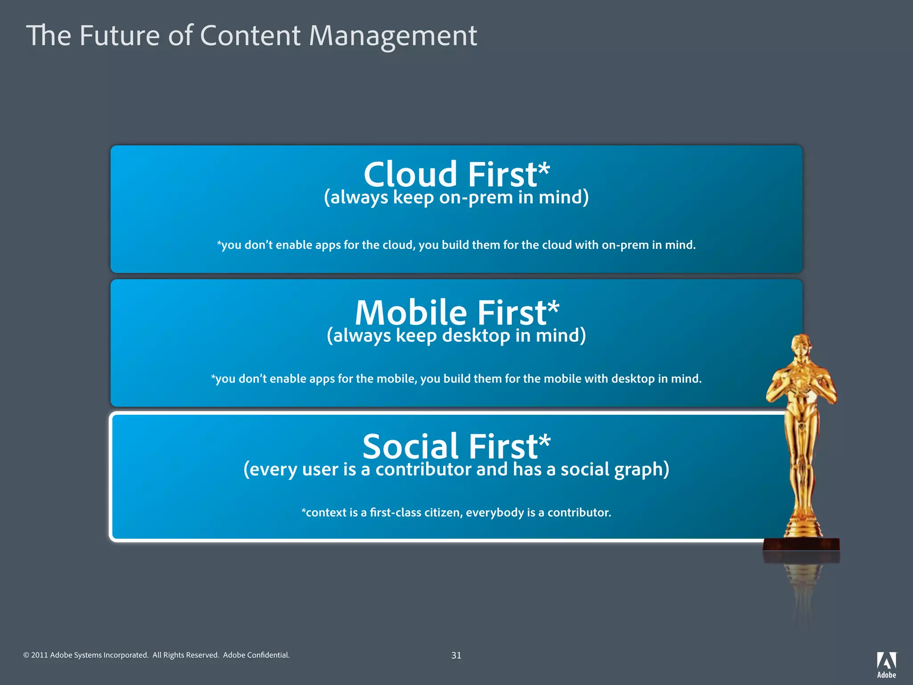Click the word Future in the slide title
pyautogui.click(x=119, y=36)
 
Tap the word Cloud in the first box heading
pyautogui.click(x=410, y=174)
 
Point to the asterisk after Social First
pyautogui.click(x=544, y=442)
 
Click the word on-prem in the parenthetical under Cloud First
pyautogui.click(x=476, y=198)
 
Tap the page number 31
pyautogui.click(x=456, y=655)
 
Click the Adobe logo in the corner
pyautogui.click(x=886, y=664)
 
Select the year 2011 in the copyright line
pyautogui.click(x=39, y=655)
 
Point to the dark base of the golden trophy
pyautogui.click(x=801, y=545)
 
